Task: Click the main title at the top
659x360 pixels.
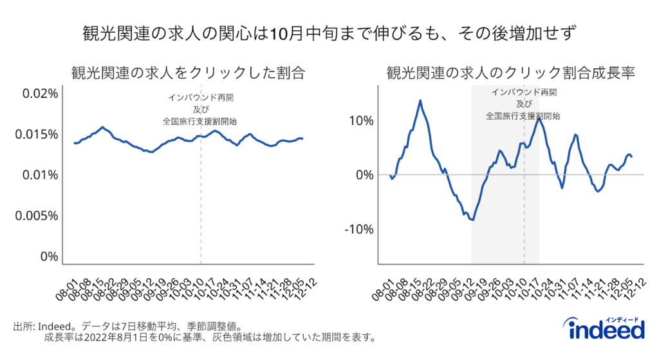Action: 329,32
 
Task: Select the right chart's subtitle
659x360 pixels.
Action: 511,72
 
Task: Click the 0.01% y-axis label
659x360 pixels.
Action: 39,175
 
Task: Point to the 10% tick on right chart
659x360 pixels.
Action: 359,120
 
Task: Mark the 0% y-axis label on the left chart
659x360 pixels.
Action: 49,256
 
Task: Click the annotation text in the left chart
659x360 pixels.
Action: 201,109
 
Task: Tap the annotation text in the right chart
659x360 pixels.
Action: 523,104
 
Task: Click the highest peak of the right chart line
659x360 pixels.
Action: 420,100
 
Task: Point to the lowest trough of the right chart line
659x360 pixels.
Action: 473,220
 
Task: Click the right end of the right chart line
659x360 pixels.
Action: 632,156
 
